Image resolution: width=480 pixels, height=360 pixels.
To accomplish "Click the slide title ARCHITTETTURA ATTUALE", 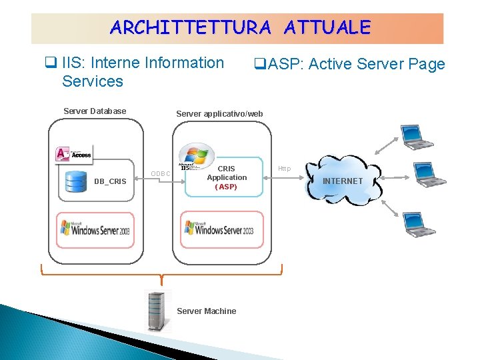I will pos(240,27).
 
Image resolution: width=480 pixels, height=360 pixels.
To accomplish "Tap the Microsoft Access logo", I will pos(74,153).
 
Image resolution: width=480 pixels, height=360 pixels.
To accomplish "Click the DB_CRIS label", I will pos(110,181).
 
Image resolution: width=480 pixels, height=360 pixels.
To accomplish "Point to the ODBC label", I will pos(161,174).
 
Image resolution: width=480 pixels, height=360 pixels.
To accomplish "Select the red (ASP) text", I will pos(226,187).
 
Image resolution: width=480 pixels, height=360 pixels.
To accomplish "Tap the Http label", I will pos(285,169).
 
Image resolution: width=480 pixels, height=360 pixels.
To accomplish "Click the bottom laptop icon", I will pos(419,224).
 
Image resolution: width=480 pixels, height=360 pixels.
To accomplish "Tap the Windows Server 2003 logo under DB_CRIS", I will pos(95,230).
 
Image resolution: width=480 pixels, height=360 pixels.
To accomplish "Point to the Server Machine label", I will pos(207,311).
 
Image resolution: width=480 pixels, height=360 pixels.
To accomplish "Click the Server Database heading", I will pos(95,111).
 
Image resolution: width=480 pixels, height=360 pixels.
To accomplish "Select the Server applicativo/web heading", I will pos(219,114).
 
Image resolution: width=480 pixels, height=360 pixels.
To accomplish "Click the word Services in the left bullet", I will pos(92,82).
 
